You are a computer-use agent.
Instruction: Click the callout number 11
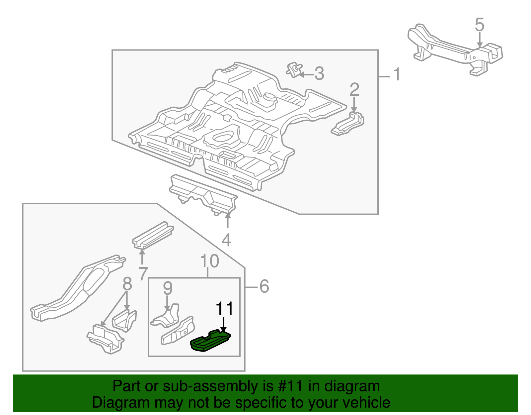coord(225,309)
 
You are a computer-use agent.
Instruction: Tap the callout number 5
coord(480,25)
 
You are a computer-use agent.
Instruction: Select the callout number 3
coord(319,74)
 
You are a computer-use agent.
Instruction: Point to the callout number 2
coord(354,90)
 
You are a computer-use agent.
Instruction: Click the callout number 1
coord(397,74)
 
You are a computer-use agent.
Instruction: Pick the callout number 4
coord(226,240)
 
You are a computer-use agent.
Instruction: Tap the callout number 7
coord(143,274)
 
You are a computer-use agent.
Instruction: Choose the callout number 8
coord(127,284)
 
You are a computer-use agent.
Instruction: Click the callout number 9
coord(168,288)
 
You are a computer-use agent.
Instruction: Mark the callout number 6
coord(264,286)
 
